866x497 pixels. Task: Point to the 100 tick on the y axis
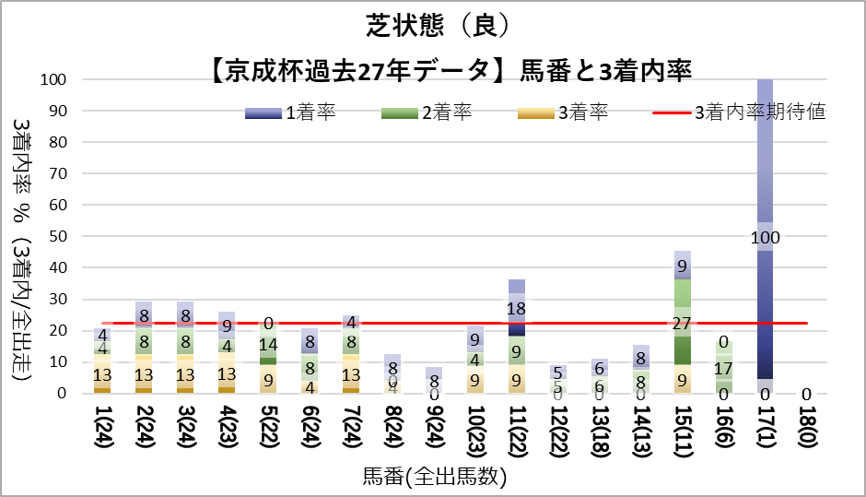point(53,80)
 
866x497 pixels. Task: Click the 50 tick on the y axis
point(56,237)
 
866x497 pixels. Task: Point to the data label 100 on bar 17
point(765,238)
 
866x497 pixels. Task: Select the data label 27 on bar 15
point(683,324)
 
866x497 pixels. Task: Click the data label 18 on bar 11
point(517,309)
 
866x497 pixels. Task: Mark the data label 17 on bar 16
point(724,368)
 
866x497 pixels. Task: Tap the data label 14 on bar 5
point(268,345)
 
